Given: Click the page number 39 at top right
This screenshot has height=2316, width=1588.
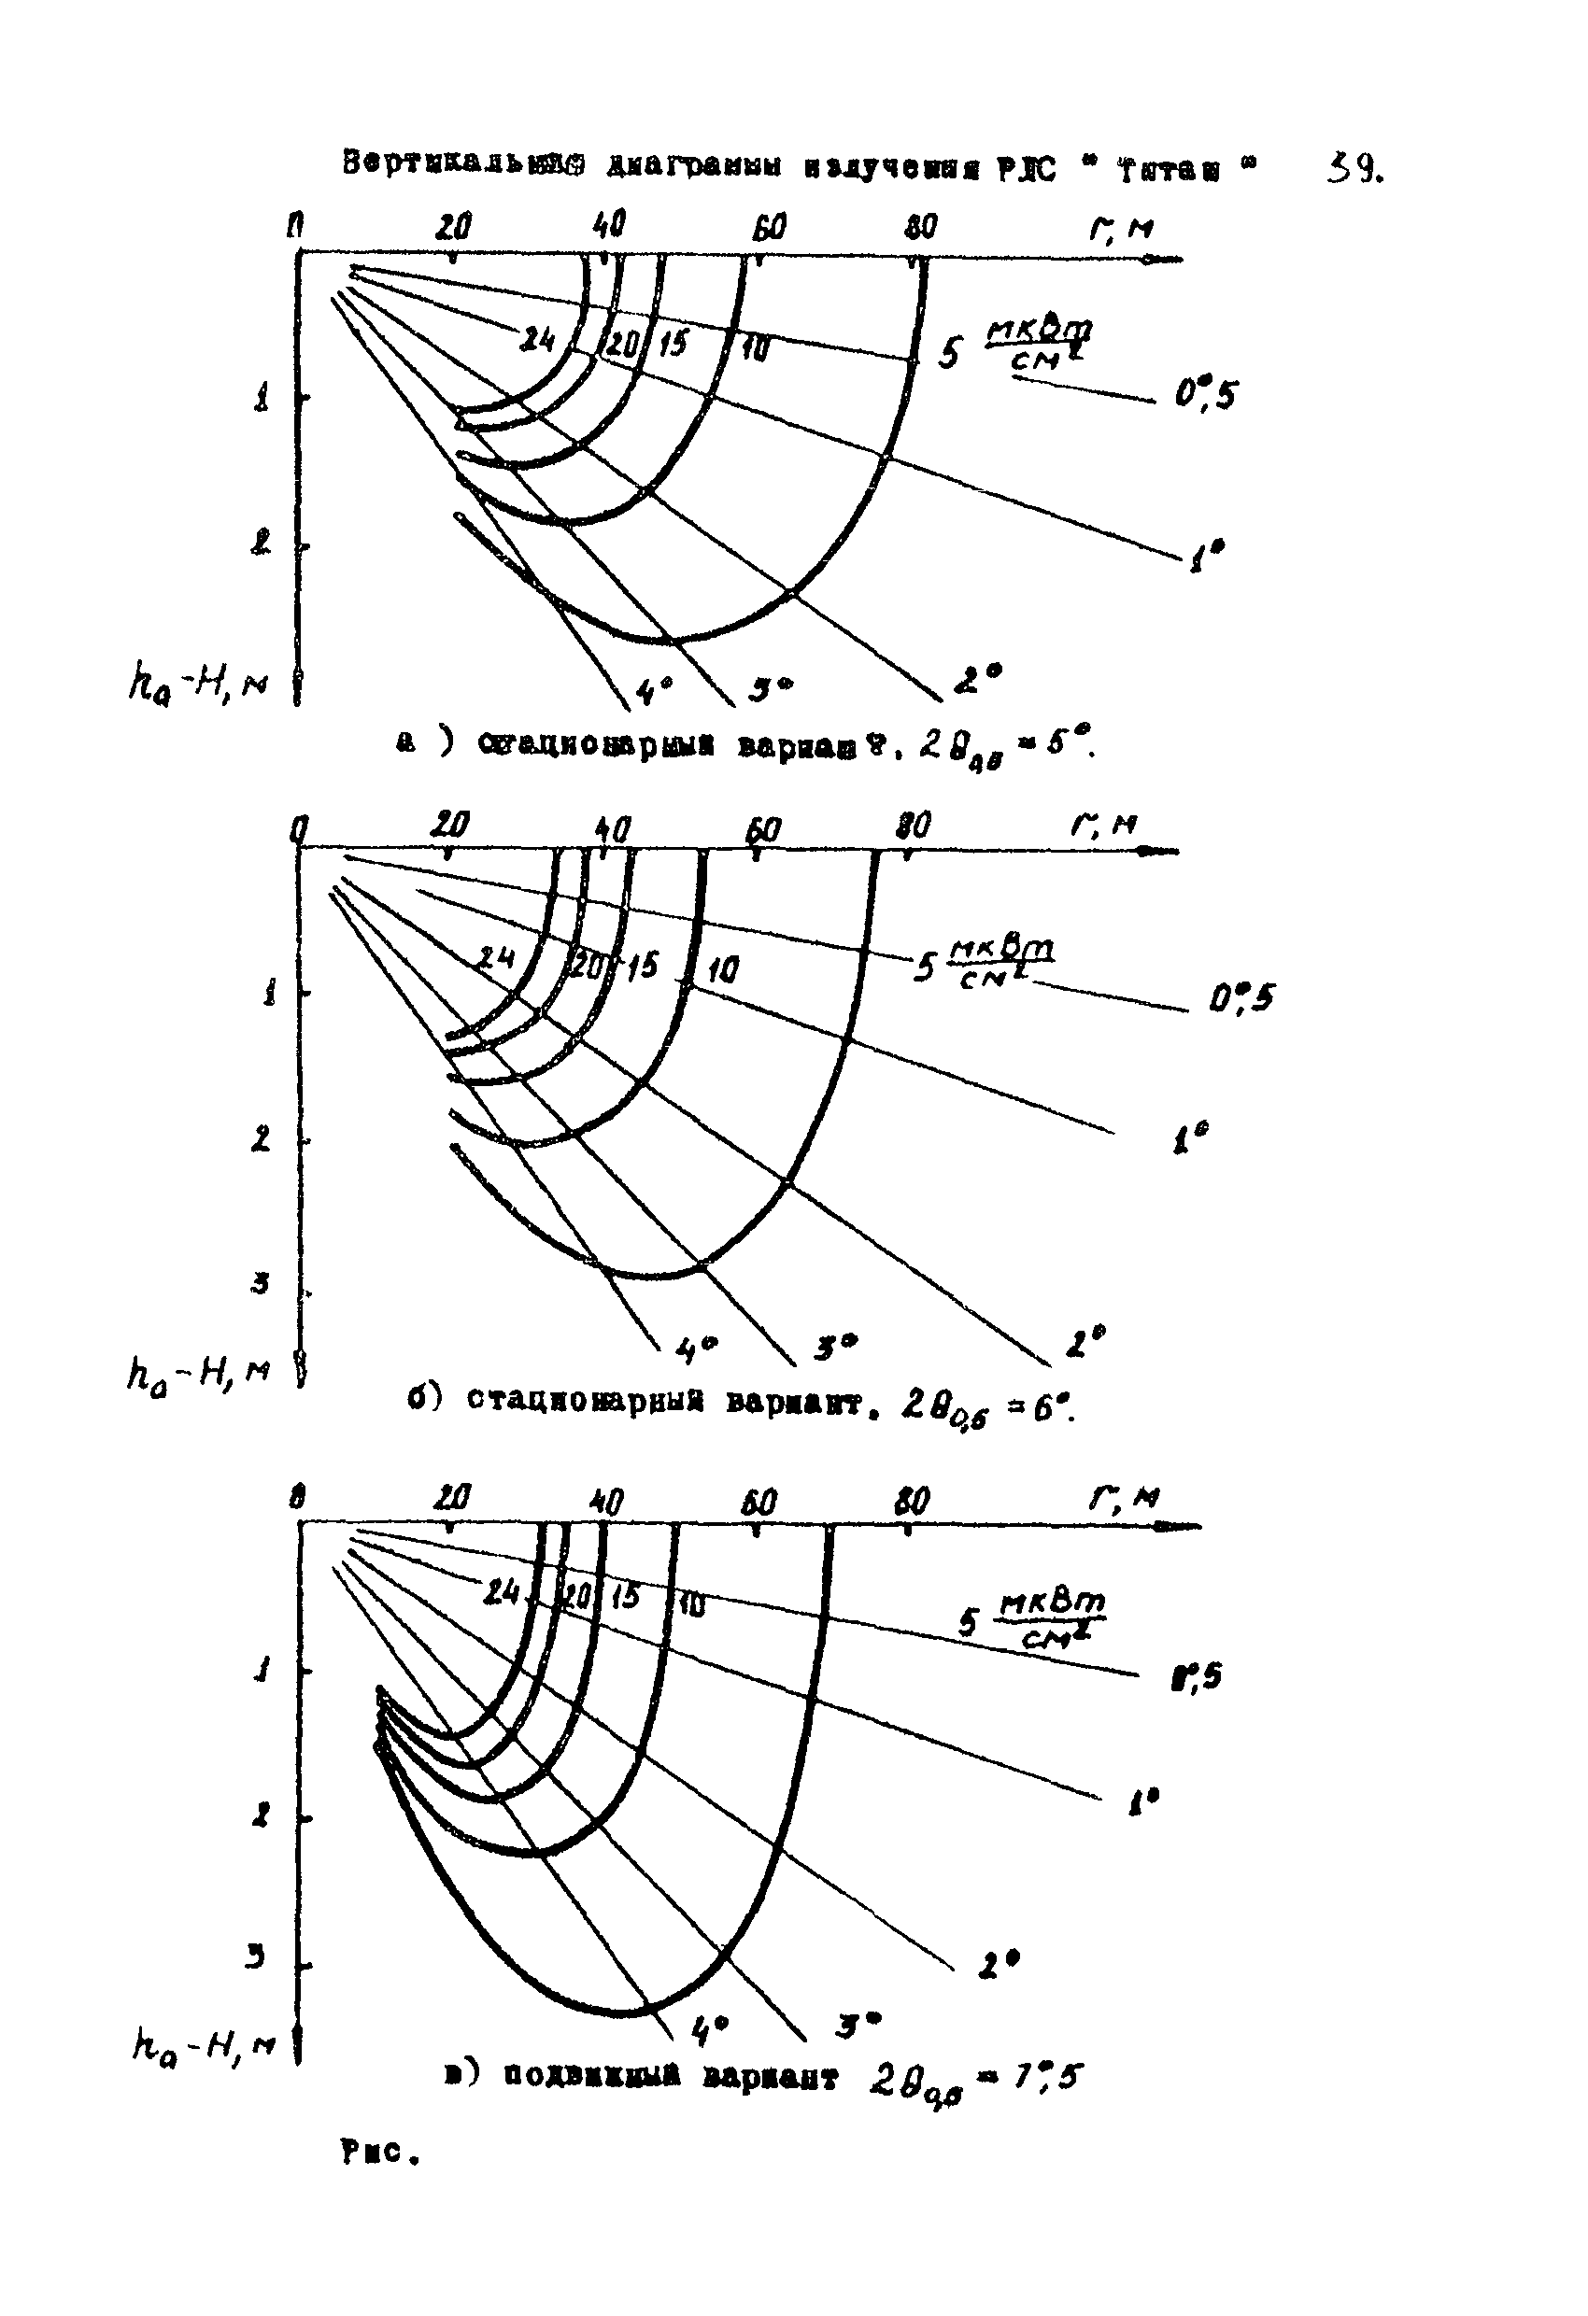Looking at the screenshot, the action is coord(1354,170).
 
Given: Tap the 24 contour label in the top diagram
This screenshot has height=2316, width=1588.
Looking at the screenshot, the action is coord(538,340).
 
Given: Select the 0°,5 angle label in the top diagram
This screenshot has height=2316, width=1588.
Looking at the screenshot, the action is coord(1205,396).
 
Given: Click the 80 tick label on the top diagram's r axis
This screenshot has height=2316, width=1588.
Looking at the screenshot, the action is coord(920,227).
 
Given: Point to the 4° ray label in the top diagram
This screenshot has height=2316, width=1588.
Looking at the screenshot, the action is coord(654,688).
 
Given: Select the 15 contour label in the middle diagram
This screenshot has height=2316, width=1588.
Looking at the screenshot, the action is coord(641,965).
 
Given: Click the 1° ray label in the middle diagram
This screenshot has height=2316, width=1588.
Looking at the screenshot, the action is coord(1192,1137).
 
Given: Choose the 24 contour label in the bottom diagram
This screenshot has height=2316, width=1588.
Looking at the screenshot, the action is coord(501,1592).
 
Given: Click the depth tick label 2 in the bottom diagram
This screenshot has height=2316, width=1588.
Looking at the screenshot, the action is coord(261,1817).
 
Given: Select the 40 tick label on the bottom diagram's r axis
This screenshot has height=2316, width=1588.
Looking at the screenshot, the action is coord(606,1501).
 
